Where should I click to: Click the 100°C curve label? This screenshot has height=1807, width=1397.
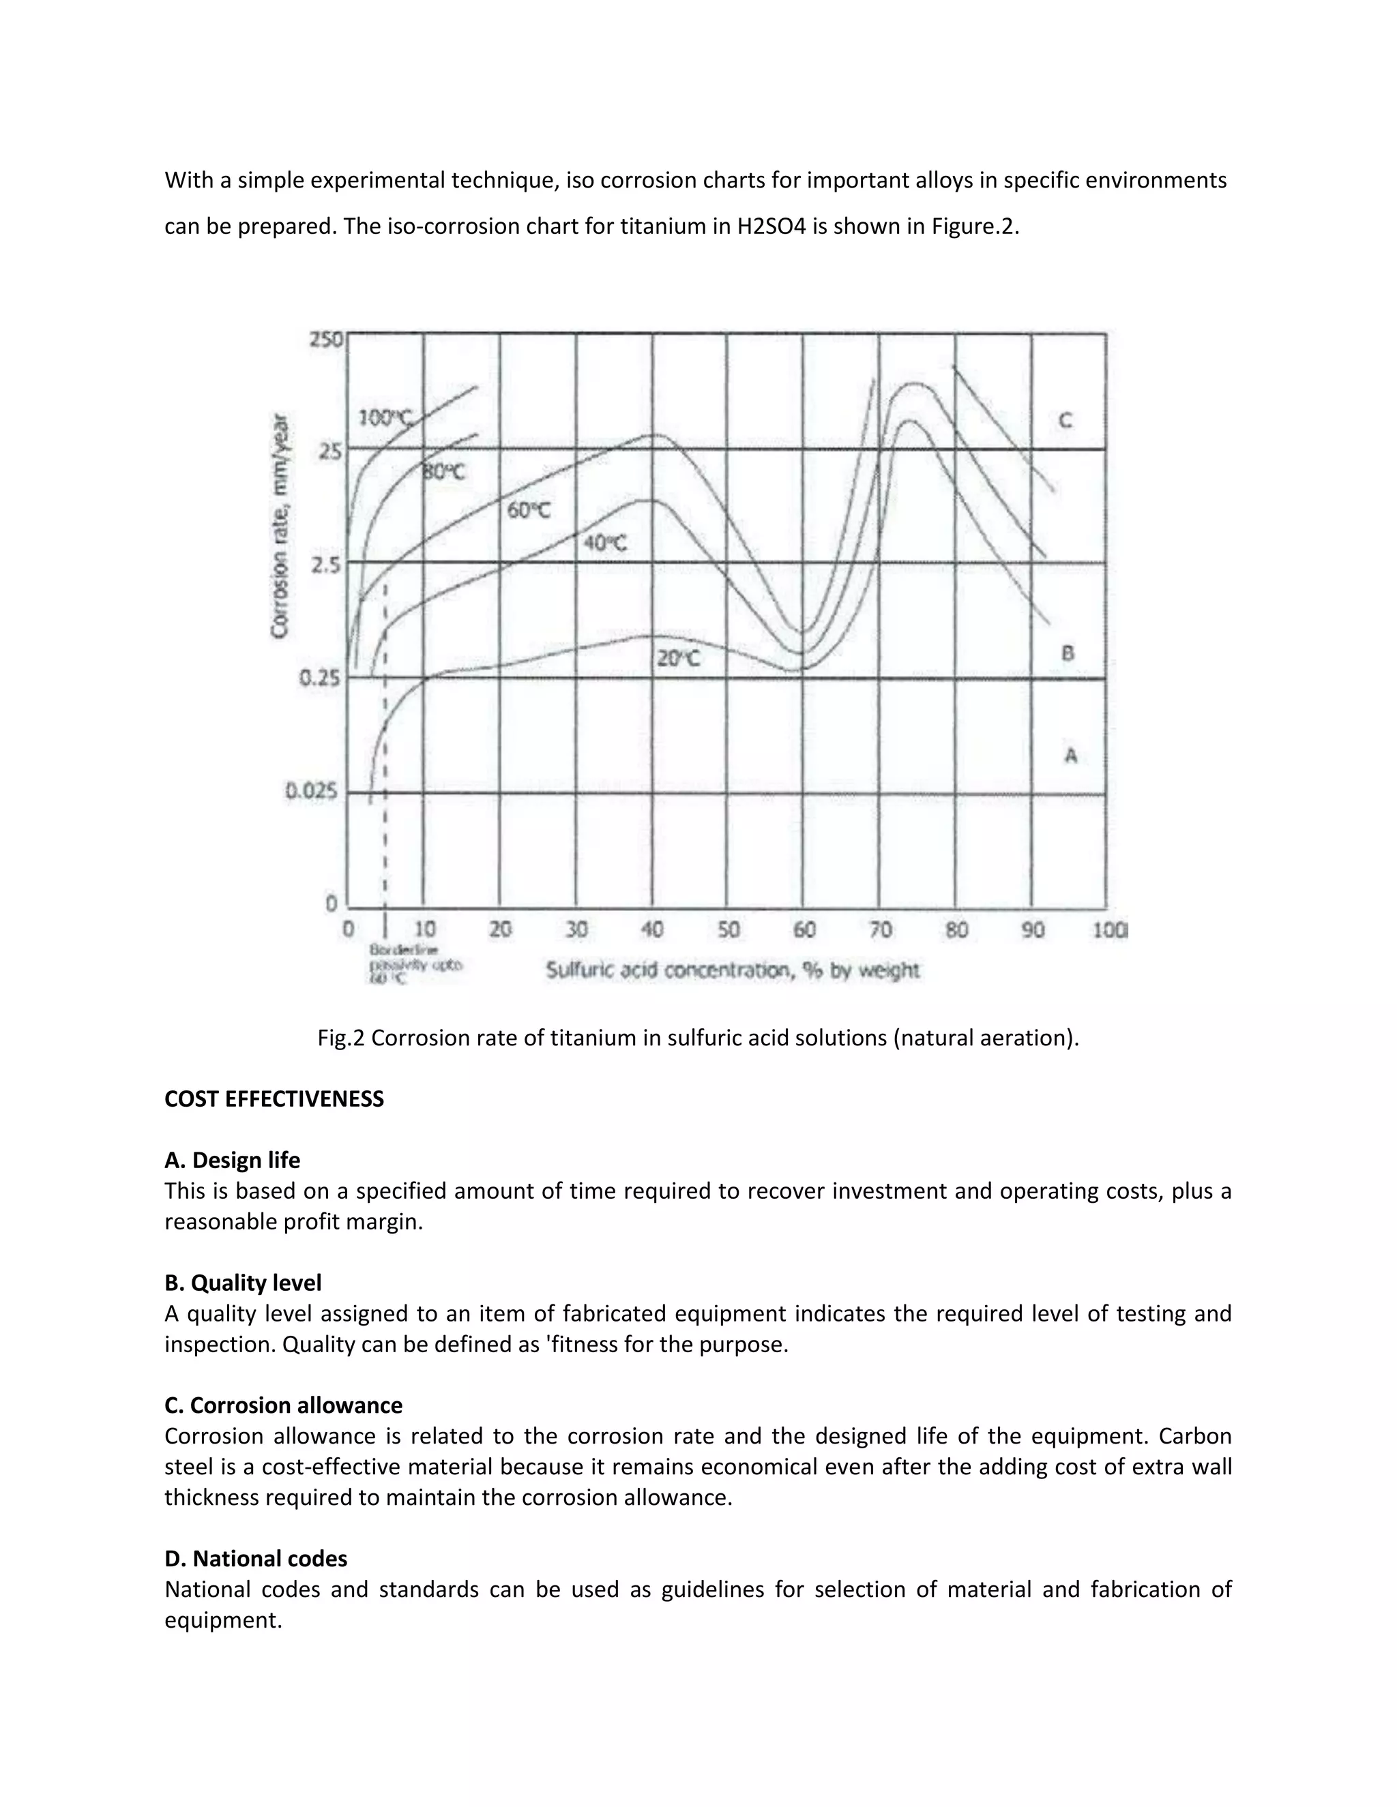pyautogui.click(x=385, y=417)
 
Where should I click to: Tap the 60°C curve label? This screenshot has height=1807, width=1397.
pyautogui.click(x=528, y=511)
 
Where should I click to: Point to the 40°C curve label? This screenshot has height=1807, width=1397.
pyautogui.click(x=605, y=543)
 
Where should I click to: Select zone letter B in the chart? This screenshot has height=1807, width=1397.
pyautogui.click(x=1068, y=653)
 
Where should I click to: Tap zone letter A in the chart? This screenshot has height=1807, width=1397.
pyautogui.click(x=1070, y=755)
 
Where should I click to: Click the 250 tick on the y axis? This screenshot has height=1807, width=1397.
pyautogui.click(x=325, y=339)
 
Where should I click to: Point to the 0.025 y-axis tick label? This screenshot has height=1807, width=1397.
pyautogui.click(x=312, y=791)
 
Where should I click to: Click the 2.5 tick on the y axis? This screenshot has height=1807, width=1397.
pyautogui.click(x=323, y=565)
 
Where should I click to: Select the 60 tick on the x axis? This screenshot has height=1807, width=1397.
pyautogui.click(x=804, y=930)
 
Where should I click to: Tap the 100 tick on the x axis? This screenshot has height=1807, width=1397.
pyautogui.click(x=1109, y=930)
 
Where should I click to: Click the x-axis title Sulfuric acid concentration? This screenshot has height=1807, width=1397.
pyautogui.click(x=732, y=970)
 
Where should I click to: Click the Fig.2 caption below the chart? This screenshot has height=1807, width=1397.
pyautogui.click(x=698, y=1038)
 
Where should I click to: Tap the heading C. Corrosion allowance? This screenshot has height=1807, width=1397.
pyautogui.click(x=283, y=1405)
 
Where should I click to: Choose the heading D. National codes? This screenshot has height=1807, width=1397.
pyautogui.click(x=256, y=1558)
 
